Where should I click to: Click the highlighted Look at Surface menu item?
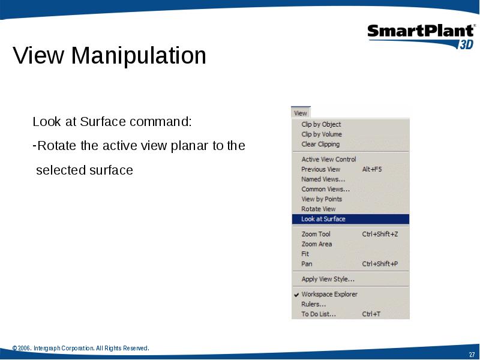[350, 219]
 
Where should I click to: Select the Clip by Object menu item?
[321, 124]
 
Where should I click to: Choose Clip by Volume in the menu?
[322, 134]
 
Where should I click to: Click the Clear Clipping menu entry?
[320, 144]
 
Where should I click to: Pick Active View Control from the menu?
[328, 159]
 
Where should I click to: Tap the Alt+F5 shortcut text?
[372, 169]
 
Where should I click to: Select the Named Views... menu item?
[323, 179]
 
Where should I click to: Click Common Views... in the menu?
[325, 189]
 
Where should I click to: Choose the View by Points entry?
[322, 199]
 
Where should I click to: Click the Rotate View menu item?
[319, 209]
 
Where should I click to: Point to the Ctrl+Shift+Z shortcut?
[380, 234]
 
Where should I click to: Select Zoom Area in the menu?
[317, 244]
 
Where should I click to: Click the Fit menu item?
[305, 254]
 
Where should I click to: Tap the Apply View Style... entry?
[328, 279]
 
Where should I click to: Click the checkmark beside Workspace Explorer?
[296, 295]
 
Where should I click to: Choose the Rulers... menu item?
[313, 304]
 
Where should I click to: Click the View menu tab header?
[301, 113]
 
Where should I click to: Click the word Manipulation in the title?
[139, 55]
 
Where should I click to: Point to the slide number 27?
[472, 355]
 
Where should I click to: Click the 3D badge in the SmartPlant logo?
[466, 44]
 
